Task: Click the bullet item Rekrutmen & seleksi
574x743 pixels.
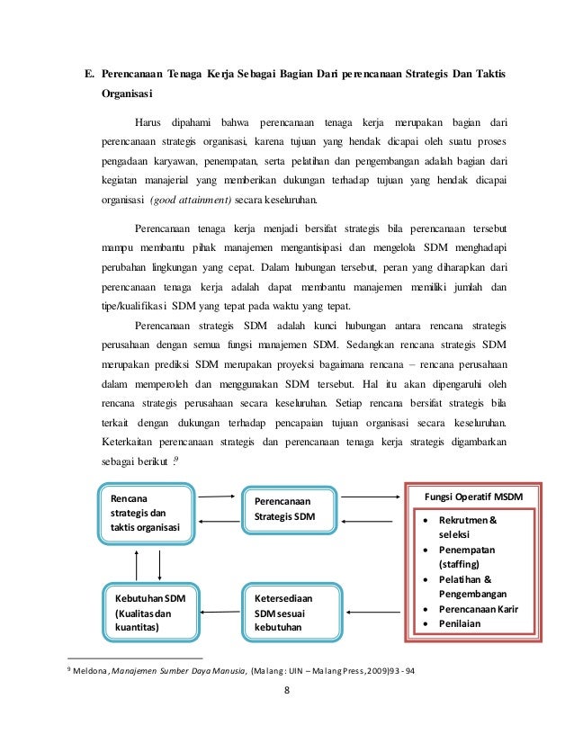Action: [x=468, y=527]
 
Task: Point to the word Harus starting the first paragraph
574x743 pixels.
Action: [x=149, y=121]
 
